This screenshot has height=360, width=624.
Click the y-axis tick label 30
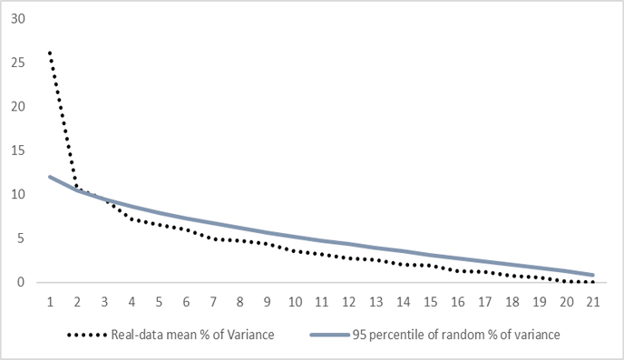[18, 19]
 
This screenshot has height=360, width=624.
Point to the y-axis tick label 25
[18, 63]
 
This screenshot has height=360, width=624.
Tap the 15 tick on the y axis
[18, 151]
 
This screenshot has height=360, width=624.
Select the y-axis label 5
[21, 238]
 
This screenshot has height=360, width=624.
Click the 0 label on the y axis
[21, 282]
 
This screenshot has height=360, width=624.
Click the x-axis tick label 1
[50, 302]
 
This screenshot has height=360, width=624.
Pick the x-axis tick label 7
[213, 302]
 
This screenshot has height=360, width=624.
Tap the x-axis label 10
[295, 302]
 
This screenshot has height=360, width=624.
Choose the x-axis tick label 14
[404, 302]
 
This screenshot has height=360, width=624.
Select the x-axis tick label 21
[593, 302]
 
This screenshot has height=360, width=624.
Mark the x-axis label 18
[512, 302]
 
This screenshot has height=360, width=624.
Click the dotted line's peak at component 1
[50, 53]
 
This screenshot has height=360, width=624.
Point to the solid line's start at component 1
[50, 177]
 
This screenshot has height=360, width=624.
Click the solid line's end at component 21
[593, 275]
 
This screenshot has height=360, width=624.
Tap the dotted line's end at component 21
[593, 282]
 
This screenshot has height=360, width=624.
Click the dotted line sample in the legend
[87, 335]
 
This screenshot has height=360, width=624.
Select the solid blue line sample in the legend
[330, 335]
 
